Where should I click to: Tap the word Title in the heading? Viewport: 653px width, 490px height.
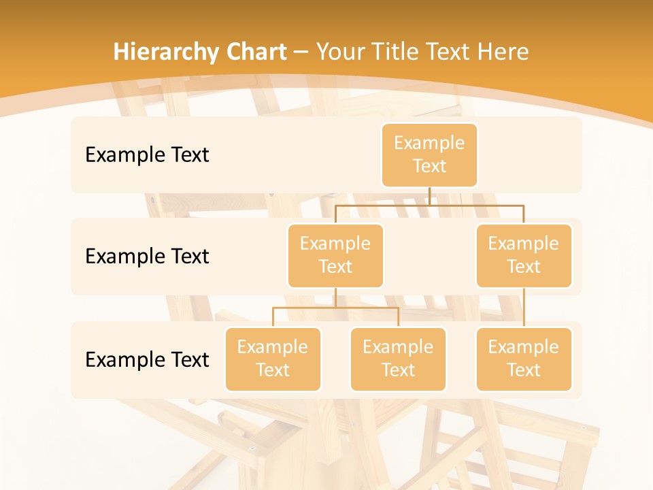pos(396,52)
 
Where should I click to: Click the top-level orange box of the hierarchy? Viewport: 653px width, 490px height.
pos(429,154)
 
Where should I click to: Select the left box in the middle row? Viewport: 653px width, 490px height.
pos(335,255)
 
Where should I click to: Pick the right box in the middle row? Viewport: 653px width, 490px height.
pos(524,255)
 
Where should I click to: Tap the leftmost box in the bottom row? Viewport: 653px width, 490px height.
pos(273,359)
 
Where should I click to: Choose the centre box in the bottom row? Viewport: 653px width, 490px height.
pos(398,359)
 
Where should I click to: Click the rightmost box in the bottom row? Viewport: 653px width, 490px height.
pos(524,359)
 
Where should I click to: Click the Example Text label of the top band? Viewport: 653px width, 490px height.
pos(147,155)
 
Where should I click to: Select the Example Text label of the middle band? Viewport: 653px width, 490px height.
pos(147,257)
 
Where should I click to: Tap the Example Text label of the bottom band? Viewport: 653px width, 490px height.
pos(147,359)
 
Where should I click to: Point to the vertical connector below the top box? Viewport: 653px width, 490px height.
pos(429,196)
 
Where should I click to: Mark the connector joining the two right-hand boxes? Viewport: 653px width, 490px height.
pos(524,308)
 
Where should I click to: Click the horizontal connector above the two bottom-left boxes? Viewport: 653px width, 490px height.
pos(335,308)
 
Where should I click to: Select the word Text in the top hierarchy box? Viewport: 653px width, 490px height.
pos(429,166)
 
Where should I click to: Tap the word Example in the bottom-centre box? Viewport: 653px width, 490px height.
pos(398,347)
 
